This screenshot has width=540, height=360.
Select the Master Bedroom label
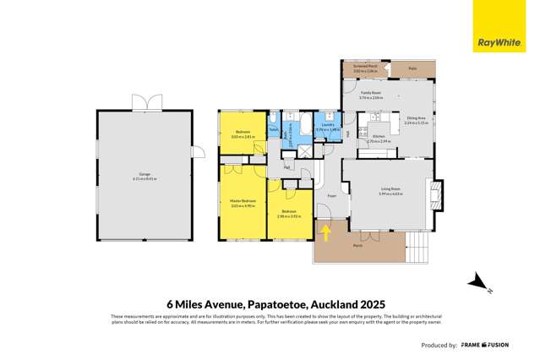pyautogui.click(x=243, y=202)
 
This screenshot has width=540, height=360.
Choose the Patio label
pyautogui.click(x=412, y=68)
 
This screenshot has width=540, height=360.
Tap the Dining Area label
pyautogui.click(x=415, y=120)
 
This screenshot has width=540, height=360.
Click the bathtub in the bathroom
pyautogui.click(x=289, y=132)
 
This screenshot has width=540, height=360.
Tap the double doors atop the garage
pyautogui.click(x=142, y=103)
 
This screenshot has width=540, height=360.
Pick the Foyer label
pyautogui.click(x=332, y=196)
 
